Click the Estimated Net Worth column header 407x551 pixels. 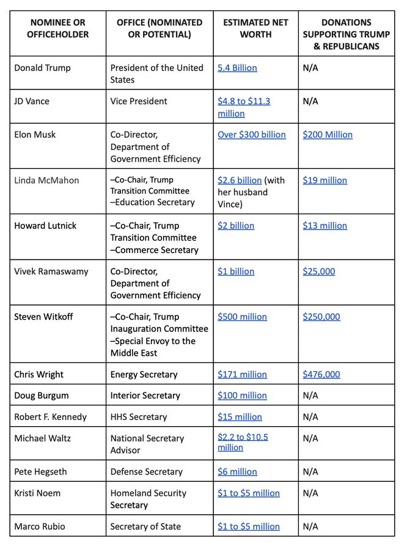(255, 28)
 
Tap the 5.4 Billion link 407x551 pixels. (237, 68)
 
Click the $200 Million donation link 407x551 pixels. (328, 135)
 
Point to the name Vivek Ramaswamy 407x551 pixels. (51, 271)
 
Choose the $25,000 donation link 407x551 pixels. (318, 271)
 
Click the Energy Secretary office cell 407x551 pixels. (144, 374)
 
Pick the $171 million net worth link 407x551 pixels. (242, 374)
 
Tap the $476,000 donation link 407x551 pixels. (321, 374)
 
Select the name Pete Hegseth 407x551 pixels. (40, 471)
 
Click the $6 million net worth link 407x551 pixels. (237, 471)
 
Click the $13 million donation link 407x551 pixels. (324, 225)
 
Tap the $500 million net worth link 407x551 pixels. (242, 317)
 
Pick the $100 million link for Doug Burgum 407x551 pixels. (242, 395)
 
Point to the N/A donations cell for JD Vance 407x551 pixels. (310, 101)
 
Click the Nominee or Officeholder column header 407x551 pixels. (58, 28)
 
